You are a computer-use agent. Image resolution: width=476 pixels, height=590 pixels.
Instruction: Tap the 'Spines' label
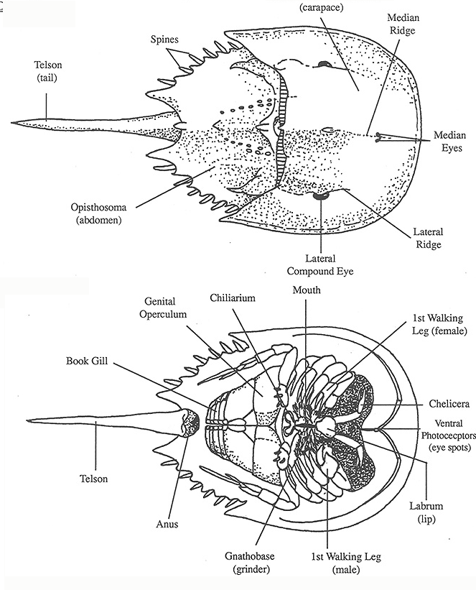pyautogui.click(x=166, y=37)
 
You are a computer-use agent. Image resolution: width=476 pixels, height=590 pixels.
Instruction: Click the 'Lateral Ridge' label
pyautogui.click(x=428, y=238)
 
